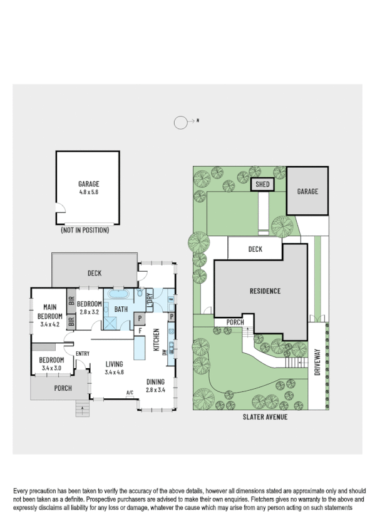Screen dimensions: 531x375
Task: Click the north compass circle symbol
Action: tap(181, 123)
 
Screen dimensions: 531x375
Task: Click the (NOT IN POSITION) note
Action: tap(85, 230)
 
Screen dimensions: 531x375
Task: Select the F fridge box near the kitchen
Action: tap(140, 330)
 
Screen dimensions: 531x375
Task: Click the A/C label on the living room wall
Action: tap(130, 393)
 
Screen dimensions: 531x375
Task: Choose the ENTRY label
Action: tap(82, 354)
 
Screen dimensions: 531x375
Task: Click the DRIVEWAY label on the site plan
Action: tap(317, 362)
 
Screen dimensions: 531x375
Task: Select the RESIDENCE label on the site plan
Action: tap(265, 291)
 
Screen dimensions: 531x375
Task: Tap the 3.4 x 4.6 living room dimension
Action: tap(115, 372)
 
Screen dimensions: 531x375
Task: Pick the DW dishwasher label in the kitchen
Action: tap(165, 352)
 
